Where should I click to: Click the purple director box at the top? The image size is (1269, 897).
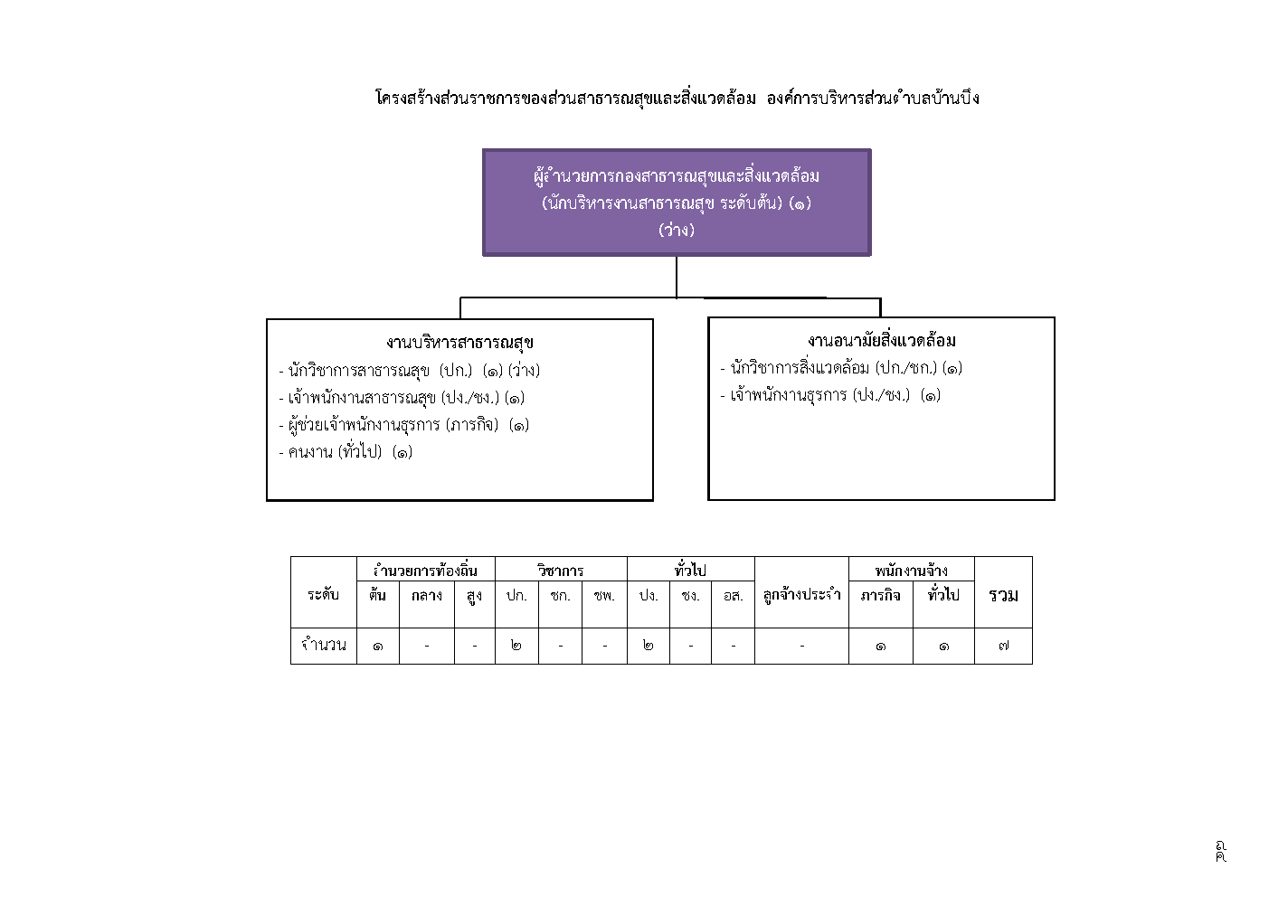pos(677,203)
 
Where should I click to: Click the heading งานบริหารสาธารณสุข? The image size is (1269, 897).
pos(460,343)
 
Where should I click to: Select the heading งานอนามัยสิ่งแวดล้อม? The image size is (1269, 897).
pos(882,340)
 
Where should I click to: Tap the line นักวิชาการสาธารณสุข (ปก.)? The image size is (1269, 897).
pos(409,371)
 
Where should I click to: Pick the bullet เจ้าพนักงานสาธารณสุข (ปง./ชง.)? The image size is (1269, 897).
pos(402,398)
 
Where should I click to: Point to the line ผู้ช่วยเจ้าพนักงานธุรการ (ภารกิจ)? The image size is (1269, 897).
pos(404,425)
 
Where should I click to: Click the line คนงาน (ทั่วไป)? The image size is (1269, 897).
pos(346,452)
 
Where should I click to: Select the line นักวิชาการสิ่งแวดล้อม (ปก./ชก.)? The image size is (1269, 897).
pos(841,368)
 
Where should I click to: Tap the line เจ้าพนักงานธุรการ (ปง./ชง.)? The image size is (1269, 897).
pos(830,395)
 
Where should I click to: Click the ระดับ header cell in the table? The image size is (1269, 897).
pos(324,594)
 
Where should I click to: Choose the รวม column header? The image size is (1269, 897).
pos(1003,595)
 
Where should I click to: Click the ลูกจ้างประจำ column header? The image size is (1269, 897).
pos(801,595)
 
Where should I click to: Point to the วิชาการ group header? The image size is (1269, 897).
pos(561,570)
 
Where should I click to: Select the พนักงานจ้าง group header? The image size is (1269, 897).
pos(912,570)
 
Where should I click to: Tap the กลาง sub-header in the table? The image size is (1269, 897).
pos(427,595)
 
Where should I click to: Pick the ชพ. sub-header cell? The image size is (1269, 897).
pos(604,595)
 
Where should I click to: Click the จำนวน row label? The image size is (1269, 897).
pos(324,645)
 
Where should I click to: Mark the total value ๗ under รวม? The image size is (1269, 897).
pos(1003,645)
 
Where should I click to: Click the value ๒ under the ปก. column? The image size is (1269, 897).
pos(516,645)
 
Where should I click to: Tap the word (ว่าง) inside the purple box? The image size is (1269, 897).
pos(677,230)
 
